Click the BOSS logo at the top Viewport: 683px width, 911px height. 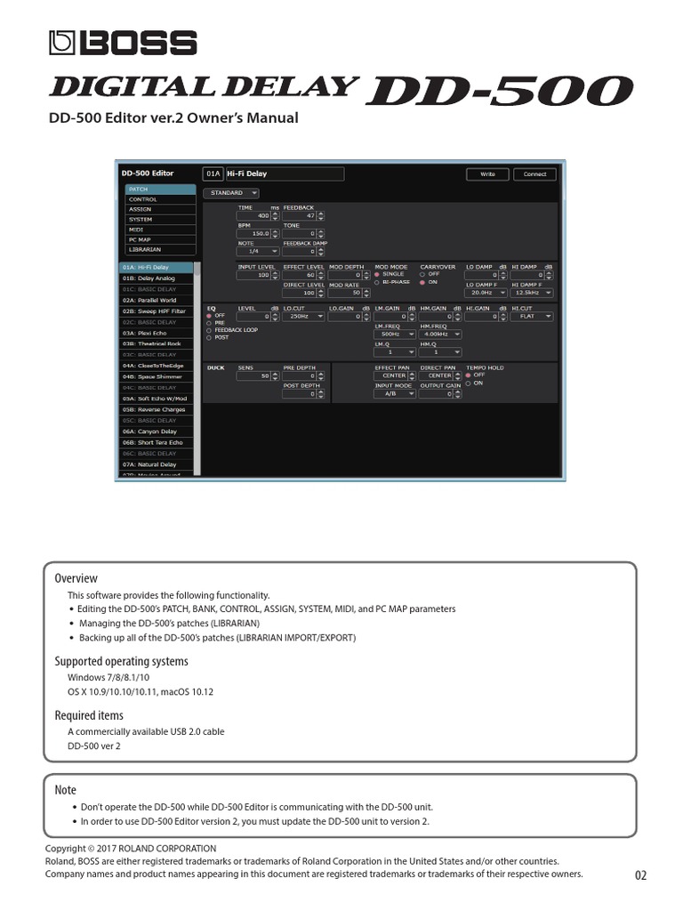click(123, 43)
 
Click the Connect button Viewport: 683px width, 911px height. click(534, 174)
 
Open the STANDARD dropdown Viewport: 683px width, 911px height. click(231, 192)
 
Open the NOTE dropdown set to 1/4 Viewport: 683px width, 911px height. click(256, 251)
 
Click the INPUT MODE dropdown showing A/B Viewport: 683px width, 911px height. click(395, 393)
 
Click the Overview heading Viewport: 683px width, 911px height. click(76, 578)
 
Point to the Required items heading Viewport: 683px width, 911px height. click(89, 715)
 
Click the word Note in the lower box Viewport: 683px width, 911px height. click(66, 790)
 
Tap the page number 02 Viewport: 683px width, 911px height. click(640, 876)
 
